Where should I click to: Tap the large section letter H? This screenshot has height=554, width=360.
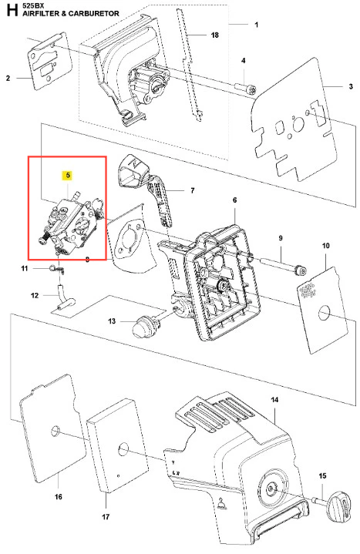click(12, 10)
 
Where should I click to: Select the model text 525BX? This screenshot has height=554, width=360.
click(33, 5)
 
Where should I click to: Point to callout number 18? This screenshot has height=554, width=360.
click(214, 35)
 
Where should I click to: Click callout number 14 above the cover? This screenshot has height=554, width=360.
click(274, 400)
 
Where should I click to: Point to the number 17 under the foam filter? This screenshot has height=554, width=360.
click(106, 516)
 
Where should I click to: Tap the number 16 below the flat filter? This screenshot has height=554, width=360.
click(59, 496)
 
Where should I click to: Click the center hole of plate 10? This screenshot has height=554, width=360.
click(325, 314)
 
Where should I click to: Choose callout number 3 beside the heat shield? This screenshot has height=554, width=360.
click(351, 86)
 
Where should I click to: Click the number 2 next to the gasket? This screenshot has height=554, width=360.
click(8, 78)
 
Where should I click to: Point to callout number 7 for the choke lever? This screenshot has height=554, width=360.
click(193, 190)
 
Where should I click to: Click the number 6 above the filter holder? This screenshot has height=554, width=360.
click(234, 200)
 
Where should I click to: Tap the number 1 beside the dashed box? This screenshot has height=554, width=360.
click(257, 25)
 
